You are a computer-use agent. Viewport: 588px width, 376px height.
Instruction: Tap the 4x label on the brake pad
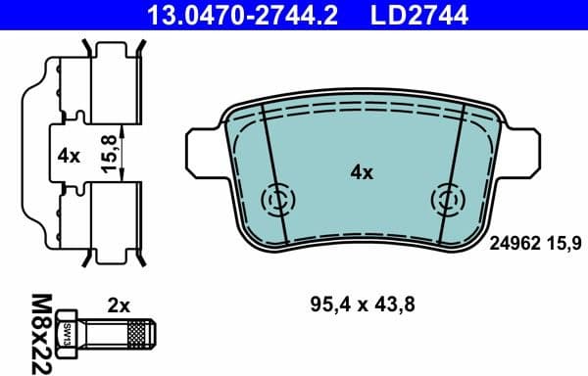(362, 173)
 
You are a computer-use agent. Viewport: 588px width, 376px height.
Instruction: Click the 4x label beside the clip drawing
(68, 155)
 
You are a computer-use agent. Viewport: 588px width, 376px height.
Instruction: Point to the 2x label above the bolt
(120, 305)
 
